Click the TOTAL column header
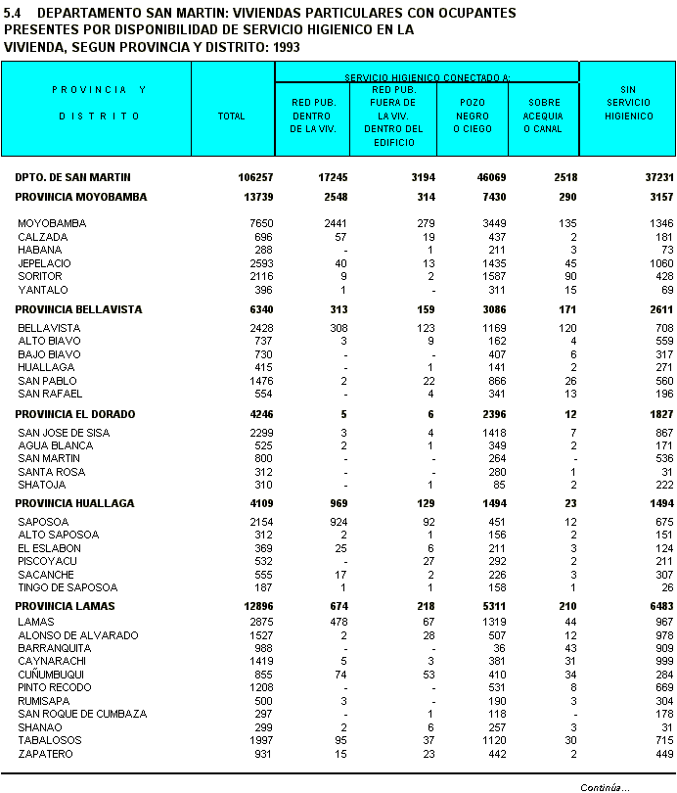[x=232, y=117]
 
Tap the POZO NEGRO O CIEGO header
[x=472, y=116]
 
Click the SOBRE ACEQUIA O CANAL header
[x=543, y=116]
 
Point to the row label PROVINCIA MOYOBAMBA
[x=80, y=197]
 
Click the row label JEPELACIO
[x=44, y=263]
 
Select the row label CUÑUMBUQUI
[x=51, y=675]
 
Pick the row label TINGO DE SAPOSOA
[x=68, y=587]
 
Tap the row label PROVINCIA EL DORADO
[x=74, y=414]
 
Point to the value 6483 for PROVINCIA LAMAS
[x=658, y=606]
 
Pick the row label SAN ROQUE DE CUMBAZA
[x=82, y=714]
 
